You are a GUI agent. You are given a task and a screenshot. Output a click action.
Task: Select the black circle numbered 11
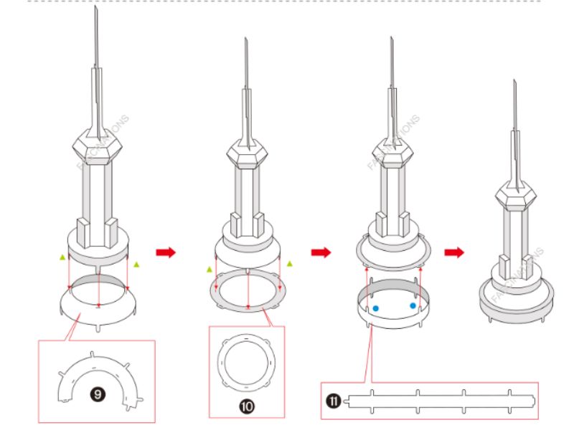[333, 401]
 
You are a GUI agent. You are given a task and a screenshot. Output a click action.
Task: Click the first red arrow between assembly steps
[165, 252]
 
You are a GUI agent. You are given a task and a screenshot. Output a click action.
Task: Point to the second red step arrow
[320, 252]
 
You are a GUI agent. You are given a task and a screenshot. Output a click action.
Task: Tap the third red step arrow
[453, 252]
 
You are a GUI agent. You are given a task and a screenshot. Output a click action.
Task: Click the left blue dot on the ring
[375, 308]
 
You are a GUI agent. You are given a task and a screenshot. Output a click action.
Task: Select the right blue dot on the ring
[413, 305]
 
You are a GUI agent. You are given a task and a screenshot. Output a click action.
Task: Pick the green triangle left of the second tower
[210, 269]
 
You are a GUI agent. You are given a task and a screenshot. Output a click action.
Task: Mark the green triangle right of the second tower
[290, 264]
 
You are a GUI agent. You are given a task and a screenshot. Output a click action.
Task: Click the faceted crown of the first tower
[96, 145]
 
